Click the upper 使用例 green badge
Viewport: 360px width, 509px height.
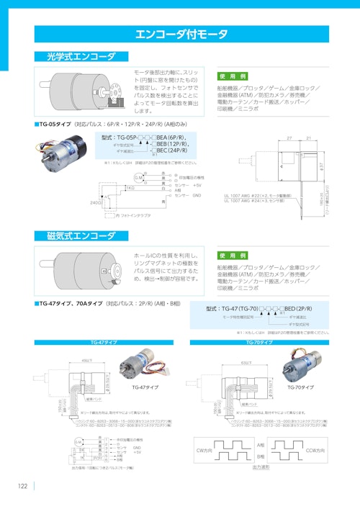coord(233,76)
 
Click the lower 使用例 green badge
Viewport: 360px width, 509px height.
coord(233,256)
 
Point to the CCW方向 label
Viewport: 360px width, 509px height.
coord(315,450)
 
